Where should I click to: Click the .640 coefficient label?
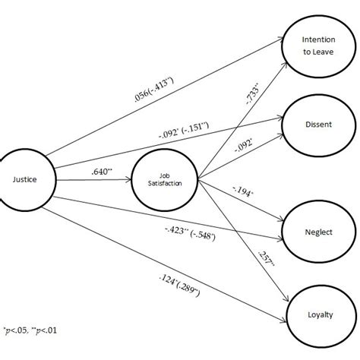(101, 173)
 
